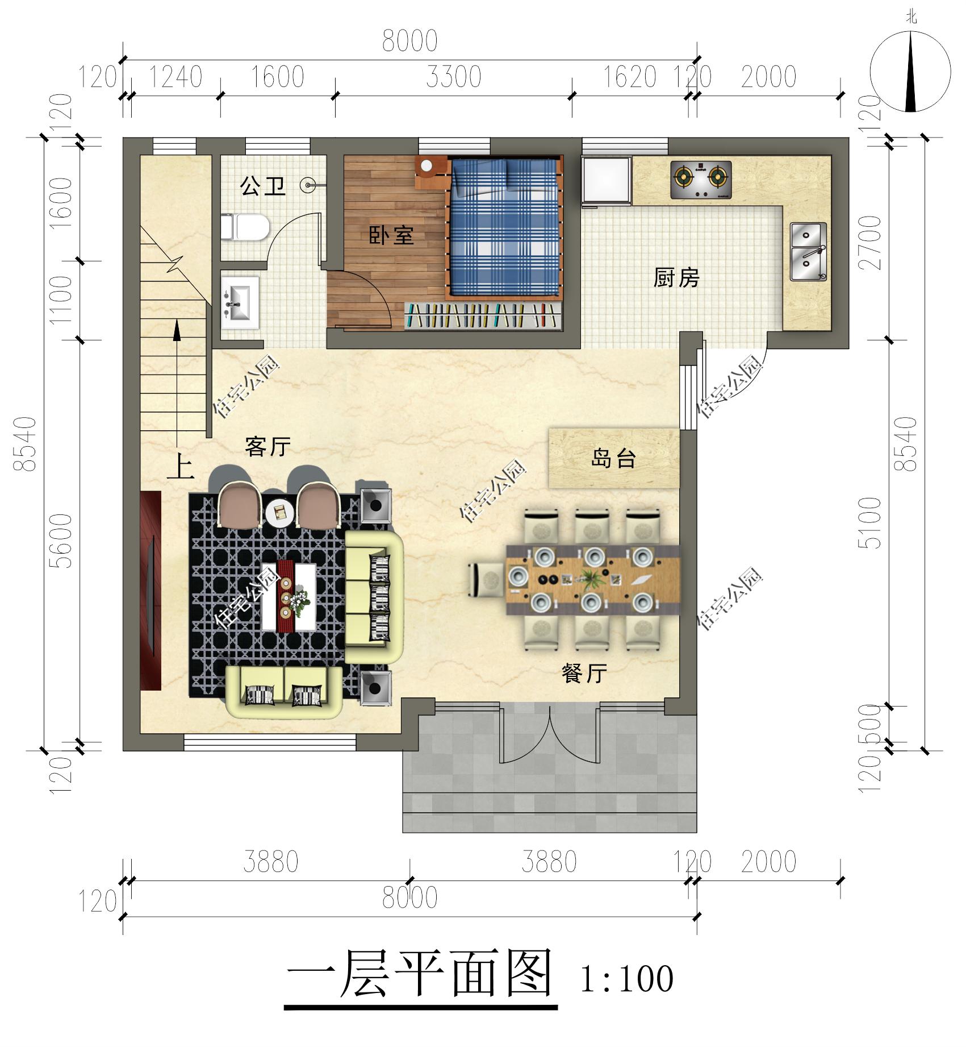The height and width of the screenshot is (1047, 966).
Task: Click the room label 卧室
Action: pyautogui.click(x=391, y=235)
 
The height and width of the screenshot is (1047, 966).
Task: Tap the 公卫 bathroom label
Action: pyautogui.click(x=262, y=186)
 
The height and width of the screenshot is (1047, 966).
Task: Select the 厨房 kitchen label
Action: pyautogui.click(x=676, y=278)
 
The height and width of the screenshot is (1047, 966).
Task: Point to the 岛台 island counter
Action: pyautogui.click(x=613, y=458)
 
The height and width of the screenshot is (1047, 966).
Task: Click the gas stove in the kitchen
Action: pyautogui.click(x=700, y=180)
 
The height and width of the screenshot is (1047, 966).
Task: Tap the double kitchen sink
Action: pyautogui.click(x=809, y=251)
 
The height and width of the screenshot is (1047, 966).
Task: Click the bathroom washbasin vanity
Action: pyautogui.click(x=240, y=303)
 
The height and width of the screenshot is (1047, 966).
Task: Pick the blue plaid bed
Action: pyautogui.click(x=504, y=227)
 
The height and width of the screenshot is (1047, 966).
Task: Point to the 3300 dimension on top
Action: pyautogui.click(x=453, y=77)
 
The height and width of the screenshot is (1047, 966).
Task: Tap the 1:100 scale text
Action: pyautogui.click(x=626, y=979)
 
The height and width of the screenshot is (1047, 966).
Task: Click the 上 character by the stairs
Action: pyautogui.click(x=181, y=468)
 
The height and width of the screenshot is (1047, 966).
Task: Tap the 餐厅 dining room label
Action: pyautogui.click(x=584, y=674)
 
